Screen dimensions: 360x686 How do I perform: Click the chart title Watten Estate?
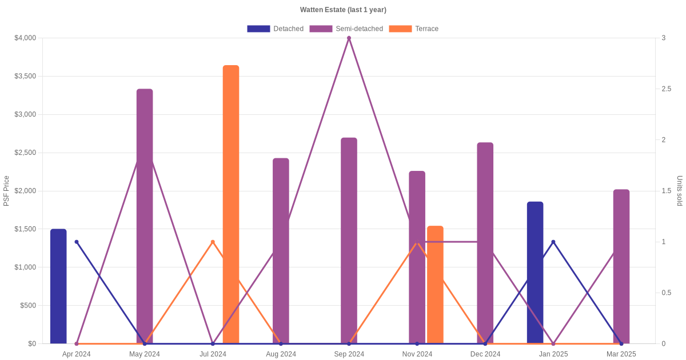[343, 10]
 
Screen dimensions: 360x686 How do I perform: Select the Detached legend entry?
[275, 29]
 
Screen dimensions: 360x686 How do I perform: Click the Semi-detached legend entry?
[346, 29]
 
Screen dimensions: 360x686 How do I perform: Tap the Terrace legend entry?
[413, 29]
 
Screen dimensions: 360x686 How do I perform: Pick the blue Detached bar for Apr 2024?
[58, 286]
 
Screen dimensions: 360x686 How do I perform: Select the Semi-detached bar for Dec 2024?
[485, 243]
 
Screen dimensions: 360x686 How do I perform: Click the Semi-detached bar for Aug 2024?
[281, 251]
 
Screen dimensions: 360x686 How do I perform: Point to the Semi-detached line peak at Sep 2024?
[349, 38]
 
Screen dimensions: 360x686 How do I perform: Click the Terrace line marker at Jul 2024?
[213, 242]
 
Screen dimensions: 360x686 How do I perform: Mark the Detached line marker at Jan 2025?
[553, 242]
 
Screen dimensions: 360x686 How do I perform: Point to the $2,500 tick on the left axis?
[25, 153]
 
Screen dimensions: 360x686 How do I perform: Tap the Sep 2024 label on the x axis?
[349, 354]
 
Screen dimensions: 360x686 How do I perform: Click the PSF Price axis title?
[6, 191]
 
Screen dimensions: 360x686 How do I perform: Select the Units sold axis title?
[680, 191]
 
